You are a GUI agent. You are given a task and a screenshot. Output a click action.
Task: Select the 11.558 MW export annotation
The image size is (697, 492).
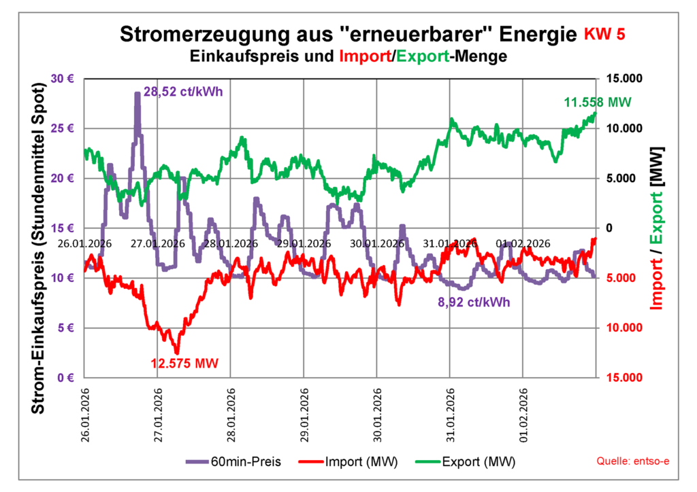598,103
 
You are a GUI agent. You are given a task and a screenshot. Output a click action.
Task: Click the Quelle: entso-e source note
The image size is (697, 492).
632,461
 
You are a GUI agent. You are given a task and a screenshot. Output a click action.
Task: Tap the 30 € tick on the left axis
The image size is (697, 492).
63,78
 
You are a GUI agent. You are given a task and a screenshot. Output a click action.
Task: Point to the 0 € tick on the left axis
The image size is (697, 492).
66,378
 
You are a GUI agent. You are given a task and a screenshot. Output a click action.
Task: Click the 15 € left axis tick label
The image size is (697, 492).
63,228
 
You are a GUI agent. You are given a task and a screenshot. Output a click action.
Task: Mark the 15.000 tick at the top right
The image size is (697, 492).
623,78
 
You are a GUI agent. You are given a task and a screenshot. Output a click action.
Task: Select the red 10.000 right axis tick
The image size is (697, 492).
623,328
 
